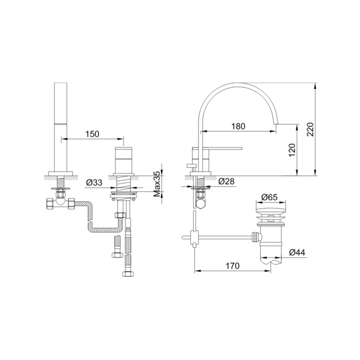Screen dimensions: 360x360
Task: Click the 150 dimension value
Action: click(92, 133)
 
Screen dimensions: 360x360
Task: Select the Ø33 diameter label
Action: click(94, 183)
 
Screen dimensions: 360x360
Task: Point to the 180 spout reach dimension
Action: click(238, 126)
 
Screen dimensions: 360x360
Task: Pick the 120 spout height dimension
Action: click(292, 150)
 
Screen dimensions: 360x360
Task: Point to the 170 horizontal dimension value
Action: click(233, 266)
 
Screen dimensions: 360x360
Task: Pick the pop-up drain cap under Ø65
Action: click(270, 210)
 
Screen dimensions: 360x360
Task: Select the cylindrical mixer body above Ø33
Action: click(123, 159)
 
